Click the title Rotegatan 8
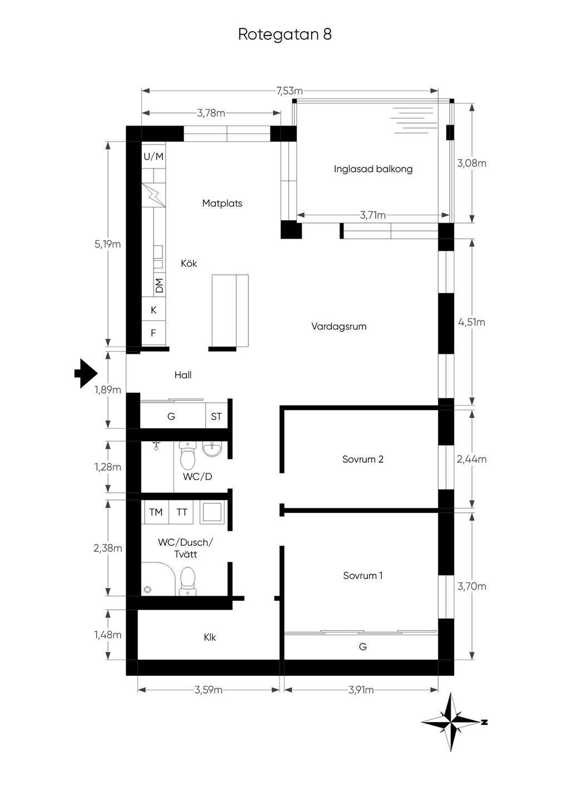[284, 34]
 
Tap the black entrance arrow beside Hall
[86, 373]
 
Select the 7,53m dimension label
[289, 91]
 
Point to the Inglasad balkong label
[373, 169]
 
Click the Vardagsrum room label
[339, 327]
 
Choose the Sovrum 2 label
[362, 459]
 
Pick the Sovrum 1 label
[362, 576]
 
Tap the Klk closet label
[209, 637]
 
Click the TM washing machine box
[155, 512]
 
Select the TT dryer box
[181, 512]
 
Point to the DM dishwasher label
[160, 285]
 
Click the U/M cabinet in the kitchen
[154, 156]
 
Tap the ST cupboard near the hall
[216, 416]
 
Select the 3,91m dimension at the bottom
[361, 690]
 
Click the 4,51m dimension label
[471, 322]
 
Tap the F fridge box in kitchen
[154, 333]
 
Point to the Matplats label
[222, 204]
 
